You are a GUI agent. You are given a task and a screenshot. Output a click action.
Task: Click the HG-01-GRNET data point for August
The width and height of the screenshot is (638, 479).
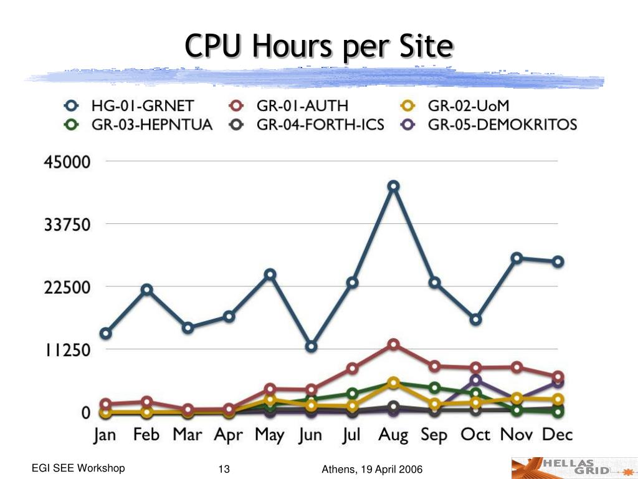[x=393, y=186]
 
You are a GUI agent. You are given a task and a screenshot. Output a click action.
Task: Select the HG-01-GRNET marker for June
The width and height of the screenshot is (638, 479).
[x=312, y=347]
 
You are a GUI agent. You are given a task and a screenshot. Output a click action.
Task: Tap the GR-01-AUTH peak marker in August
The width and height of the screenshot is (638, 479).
[x=393, y=344]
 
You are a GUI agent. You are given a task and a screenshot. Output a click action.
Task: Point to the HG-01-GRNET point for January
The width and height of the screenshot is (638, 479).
[x=106, y=334]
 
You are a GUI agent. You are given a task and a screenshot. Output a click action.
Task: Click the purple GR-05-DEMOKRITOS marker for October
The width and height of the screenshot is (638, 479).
[x=475, y=380]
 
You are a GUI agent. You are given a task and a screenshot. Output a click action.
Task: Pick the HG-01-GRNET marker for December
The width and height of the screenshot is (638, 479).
[x=558, y=261]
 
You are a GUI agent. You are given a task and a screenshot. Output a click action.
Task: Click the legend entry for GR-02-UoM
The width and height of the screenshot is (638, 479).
[x=454, y=106]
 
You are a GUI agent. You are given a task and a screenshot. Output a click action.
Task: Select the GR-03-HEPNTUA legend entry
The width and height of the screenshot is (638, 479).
[x=138, y=124]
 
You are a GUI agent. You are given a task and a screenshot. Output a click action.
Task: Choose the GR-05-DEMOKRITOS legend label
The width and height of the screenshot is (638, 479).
[x=503, y=124]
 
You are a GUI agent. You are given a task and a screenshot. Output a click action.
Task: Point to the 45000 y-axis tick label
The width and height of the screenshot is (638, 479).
[x=67, y=162]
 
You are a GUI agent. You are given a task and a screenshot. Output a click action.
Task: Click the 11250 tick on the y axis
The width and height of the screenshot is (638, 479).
[x=67, y=349]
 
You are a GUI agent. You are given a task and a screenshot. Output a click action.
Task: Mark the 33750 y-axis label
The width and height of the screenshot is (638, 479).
[x=67, y=224]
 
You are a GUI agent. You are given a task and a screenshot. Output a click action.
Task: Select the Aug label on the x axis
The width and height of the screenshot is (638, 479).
[x=393, y=435]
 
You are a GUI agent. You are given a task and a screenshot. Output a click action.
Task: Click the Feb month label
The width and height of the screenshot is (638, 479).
[x=146, y=434]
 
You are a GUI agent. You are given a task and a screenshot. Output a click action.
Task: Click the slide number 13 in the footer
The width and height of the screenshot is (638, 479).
[x=224, y=469]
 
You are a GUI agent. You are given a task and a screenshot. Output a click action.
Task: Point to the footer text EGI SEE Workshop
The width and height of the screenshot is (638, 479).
[x=78, y=468]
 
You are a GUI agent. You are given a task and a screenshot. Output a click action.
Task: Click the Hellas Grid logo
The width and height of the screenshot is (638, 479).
[x=574, y=468]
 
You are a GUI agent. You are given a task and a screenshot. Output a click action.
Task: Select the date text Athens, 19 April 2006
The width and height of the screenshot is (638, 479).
[x=372, y=470]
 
